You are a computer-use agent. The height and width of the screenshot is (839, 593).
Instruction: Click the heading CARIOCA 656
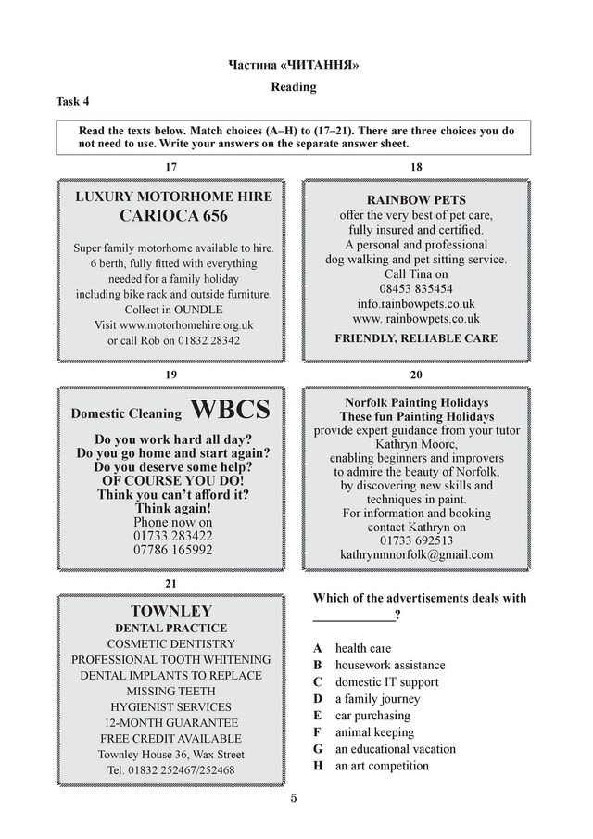click(x=173, y=216)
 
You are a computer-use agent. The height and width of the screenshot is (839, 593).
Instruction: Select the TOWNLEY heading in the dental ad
click(x=171, y=611)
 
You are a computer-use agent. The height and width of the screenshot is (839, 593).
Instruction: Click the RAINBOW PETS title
click(x=416, y=199)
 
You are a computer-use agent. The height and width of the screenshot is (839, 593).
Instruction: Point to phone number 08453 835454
click(x=416, y=288)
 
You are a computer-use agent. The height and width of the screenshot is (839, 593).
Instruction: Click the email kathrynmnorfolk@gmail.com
click(x=416, y=554)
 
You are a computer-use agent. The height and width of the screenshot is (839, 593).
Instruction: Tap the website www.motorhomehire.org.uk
click(x=173, y=325)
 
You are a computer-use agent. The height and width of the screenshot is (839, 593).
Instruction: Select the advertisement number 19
click(x=170, y=375)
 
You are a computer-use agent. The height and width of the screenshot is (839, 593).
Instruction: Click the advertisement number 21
click(x=170, y=584)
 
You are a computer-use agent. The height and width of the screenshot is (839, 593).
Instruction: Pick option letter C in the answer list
click(x=318, y=682)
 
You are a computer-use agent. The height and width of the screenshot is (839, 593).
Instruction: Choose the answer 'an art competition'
click(x=382, y=766)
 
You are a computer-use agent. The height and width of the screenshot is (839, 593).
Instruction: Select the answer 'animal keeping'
click(x=374, y=732)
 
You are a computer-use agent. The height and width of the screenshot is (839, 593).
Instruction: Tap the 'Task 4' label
click(x=73, y=102)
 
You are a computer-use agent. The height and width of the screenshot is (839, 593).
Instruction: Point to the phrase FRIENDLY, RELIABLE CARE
click(x=416, y=338)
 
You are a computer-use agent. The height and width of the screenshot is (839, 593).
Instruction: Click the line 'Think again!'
click(x=173, y=509)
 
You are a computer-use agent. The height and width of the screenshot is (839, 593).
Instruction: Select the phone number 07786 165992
click(x=173, y=550)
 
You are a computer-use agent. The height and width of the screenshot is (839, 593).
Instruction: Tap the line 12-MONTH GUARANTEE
click(x=171, y=722)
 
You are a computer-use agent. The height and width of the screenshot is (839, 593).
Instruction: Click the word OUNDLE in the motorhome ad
click(x=197, y=310)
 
